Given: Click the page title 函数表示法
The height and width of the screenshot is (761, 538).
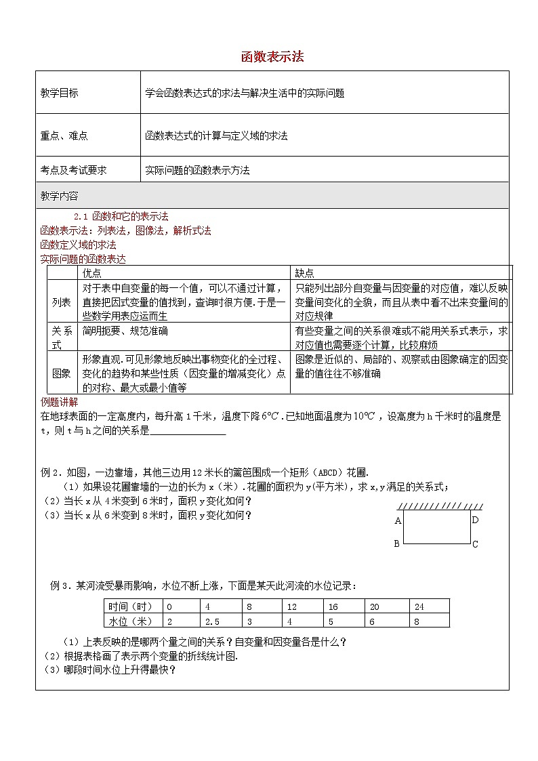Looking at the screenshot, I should [272, 57].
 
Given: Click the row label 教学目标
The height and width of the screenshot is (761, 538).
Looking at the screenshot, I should [60, 94].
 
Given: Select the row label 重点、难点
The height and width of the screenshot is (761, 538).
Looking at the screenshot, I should [64, 136].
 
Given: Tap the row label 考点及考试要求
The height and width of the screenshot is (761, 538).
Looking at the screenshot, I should [74, 171].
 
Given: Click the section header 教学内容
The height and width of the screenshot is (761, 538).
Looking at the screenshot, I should [60, 196].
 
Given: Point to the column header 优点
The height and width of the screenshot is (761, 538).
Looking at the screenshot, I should [91, 272].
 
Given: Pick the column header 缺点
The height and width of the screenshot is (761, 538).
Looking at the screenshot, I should [304, 272].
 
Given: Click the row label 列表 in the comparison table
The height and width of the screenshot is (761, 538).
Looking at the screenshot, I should [62, 303].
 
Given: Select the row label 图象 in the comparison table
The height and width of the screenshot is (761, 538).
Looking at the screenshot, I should [62, 373].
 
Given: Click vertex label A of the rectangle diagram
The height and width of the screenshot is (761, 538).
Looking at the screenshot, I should [398, 521].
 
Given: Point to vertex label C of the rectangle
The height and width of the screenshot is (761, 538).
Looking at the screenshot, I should [476, 544].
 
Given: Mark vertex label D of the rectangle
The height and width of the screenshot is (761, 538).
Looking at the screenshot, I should [476, 520].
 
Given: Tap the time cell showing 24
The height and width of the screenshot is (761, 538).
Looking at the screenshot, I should [419, 607].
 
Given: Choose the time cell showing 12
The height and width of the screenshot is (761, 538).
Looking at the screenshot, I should [292, 607].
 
